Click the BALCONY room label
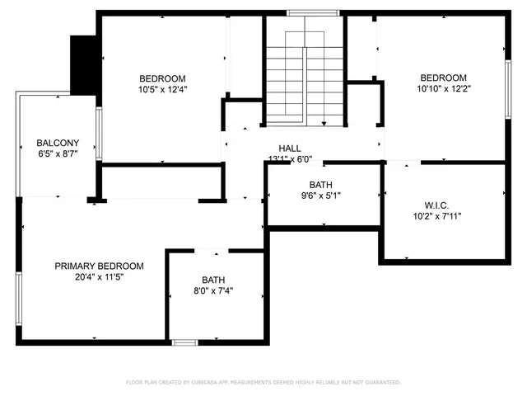click(58, 142)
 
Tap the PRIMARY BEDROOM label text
click(99, 266)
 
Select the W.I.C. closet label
click(436, 205)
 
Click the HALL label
click(289, 147)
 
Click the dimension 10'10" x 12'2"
click(444, 89)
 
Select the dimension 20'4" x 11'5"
click(99, 277)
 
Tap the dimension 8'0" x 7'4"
click(213, 290)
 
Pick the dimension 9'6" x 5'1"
click(320, 196)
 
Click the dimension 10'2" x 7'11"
click(436, 216)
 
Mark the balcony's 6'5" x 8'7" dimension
click(58, 153)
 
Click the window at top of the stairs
click(314, 12)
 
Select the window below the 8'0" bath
click(185, 341)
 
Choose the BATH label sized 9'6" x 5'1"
click(320, 184)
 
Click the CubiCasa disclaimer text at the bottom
click(263, 382)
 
